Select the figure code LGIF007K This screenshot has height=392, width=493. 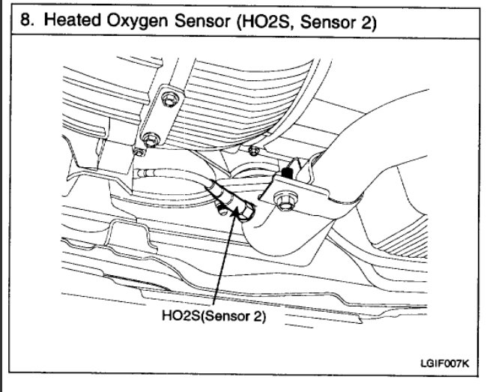click(445, 363)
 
